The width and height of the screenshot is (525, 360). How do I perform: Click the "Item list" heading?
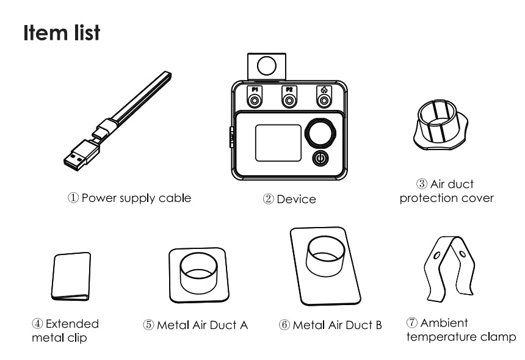coord(62,33)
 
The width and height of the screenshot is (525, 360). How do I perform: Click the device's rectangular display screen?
coord(278,143)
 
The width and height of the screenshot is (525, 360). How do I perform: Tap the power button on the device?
coord(320,158)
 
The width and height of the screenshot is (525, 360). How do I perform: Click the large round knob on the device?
coord(320,132)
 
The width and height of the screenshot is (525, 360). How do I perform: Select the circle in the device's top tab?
coord(267,65)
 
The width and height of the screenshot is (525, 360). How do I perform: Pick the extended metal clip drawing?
coord(71,276)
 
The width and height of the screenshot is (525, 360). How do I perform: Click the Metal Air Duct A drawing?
coord(199,275)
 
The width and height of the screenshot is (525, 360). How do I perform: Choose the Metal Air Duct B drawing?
coord(325,266)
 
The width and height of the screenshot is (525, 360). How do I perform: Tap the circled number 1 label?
coord(73,198)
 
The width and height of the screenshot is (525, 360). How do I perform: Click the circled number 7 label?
coord(412,323)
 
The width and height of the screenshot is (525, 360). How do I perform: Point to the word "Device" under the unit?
coord(296,200)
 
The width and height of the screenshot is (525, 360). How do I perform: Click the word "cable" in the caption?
coord(175,198)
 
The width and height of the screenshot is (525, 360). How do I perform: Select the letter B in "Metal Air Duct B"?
coord(378,325)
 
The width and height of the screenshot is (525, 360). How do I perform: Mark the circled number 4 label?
coord(37,323)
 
